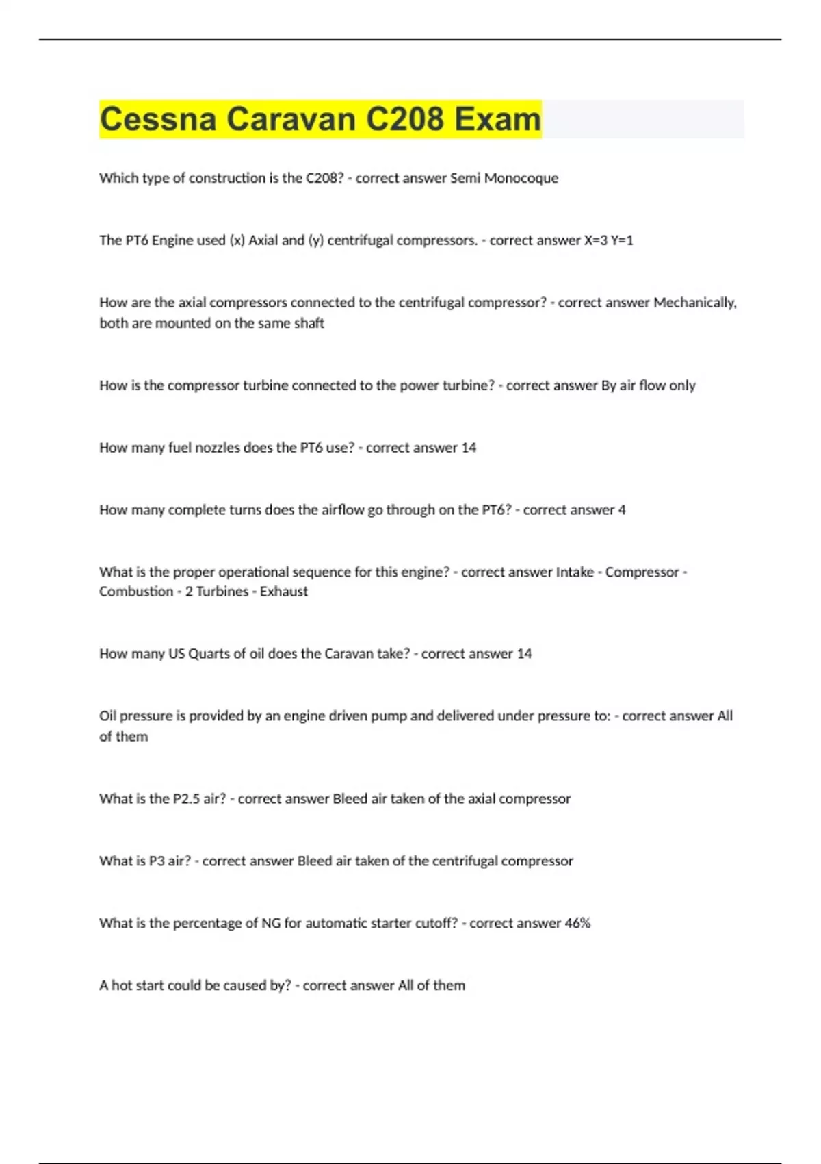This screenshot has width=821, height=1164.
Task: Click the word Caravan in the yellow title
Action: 291,119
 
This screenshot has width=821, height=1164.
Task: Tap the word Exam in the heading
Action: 497,119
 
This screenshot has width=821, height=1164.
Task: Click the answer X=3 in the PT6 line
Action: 595,240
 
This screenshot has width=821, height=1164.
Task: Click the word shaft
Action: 309,323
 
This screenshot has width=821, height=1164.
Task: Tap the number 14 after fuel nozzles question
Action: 469,448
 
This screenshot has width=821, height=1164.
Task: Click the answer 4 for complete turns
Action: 621,510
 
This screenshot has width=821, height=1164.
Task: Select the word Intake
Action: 575,572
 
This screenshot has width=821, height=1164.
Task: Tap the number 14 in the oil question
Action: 524,654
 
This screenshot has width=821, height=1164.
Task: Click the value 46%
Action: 577,924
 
